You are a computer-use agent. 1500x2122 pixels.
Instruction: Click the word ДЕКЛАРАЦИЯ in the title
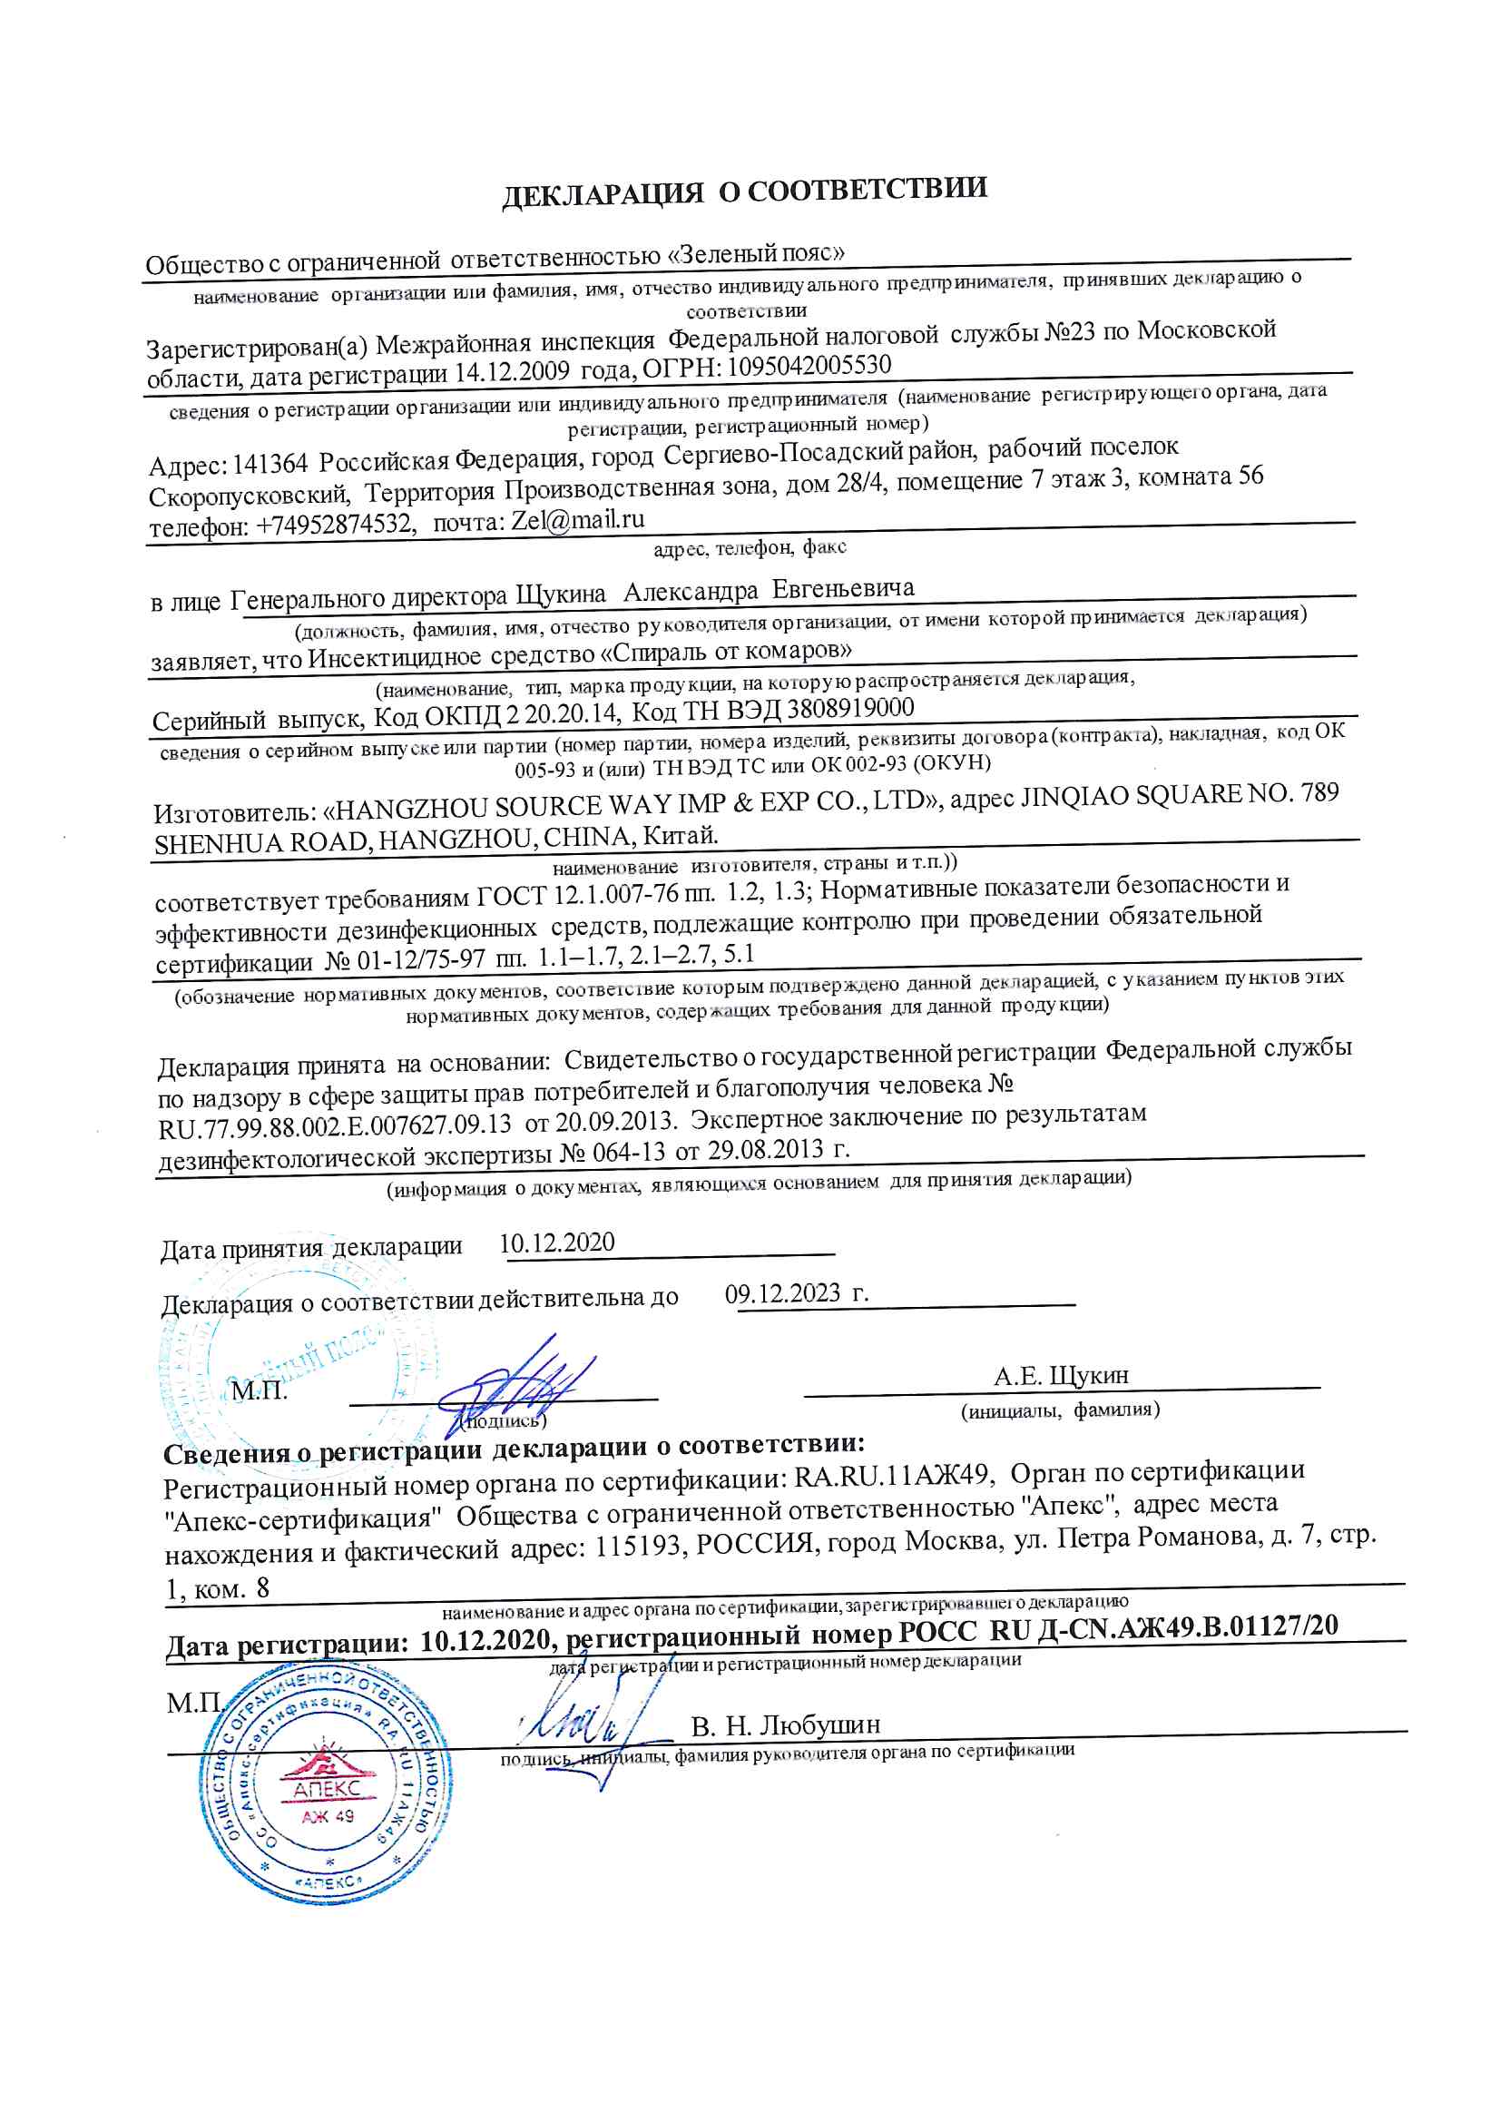[603, 194]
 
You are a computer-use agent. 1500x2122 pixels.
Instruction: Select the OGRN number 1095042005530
[809, 366]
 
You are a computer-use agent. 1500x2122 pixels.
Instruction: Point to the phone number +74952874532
[335, 525]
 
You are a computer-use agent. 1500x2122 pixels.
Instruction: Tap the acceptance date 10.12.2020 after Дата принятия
[556, 1243]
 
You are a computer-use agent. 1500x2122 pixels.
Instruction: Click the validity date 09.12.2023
[782, 1293]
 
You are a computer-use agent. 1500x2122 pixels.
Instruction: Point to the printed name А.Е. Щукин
[1061, 1376]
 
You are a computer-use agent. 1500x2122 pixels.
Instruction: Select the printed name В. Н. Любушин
[786, 1725]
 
